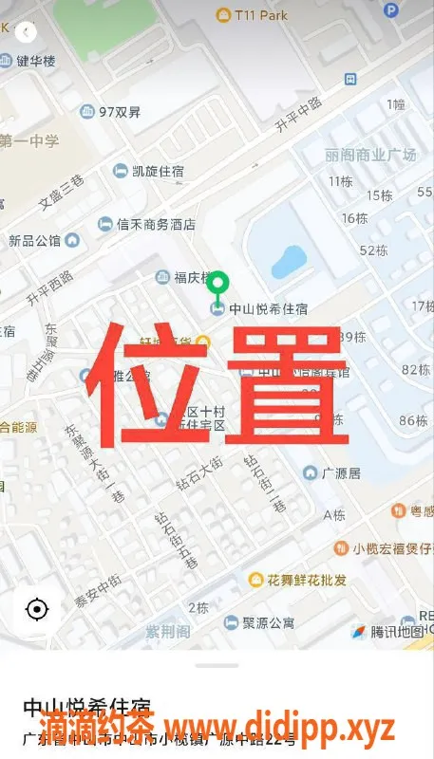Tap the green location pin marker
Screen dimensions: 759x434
point(219,284)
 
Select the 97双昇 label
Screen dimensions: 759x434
point(120,112)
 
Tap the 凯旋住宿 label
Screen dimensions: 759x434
point(157,171)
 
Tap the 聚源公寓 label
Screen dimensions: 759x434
point(268,623)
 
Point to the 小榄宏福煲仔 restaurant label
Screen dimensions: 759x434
point(391,548)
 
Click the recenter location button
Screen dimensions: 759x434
point(37,609)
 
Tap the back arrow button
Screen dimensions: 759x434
point(26,31)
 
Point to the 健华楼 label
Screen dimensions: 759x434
point(36,61)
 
